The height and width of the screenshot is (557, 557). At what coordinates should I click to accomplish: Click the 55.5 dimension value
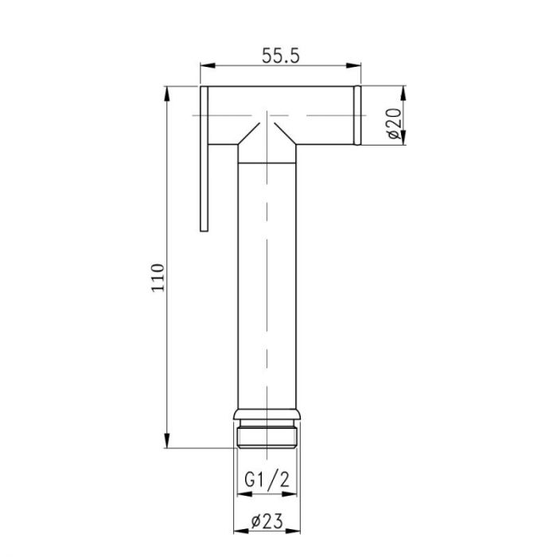[x=280, y=56]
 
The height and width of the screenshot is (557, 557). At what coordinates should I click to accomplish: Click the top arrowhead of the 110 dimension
[x=168, y=92]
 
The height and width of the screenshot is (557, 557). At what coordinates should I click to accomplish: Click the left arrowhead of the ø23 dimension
[x=238, y=534]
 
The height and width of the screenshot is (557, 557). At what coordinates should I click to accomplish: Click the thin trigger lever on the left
[x=204, y=159]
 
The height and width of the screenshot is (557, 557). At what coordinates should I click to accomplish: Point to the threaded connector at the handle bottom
[x=268, y=436]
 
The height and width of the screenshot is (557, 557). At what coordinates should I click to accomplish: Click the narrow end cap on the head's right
[x=357, y=116]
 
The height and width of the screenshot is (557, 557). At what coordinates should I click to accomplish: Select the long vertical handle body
[x=268, y=286]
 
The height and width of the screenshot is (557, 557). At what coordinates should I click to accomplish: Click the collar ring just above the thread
[x=268, y=415]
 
